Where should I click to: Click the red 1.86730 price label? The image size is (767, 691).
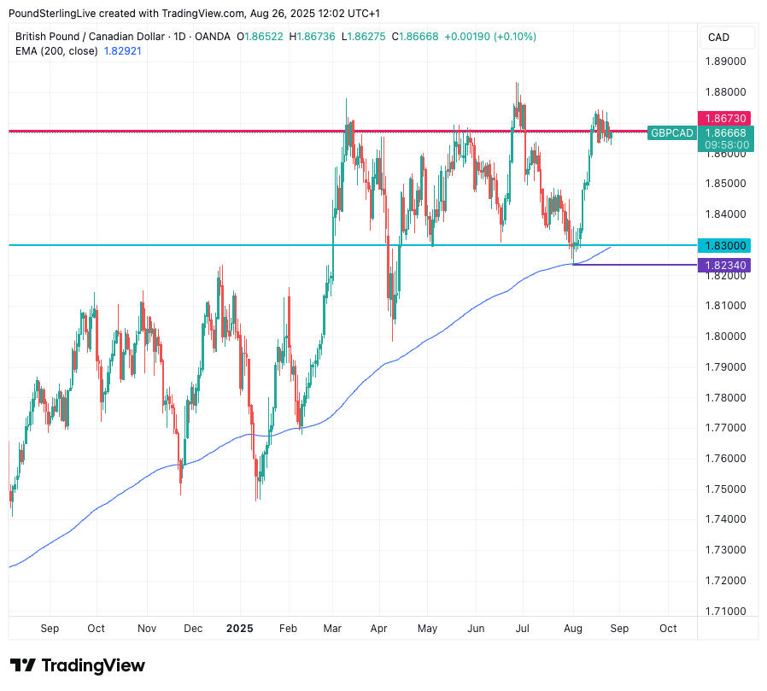(x=724, y=119)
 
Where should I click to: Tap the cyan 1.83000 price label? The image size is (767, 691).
(x=724, y=245)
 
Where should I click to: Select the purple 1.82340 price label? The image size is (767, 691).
(x=724, y=266)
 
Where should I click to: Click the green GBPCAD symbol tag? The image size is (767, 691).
(x=671, y=132)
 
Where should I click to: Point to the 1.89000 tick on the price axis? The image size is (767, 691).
(x=724, y=61)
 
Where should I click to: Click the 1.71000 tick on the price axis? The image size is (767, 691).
(x=724, y=611)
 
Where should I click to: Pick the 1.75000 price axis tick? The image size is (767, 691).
(x=724, y=489)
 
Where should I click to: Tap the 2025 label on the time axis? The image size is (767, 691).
(x=240, y=629)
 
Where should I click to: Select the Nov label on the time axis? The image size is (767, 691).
(x=146, y=629)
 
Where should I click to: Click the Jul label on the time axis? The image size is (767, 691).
(x=523, y=629)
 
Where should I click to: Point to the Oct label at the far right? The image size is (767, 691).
(x=668, y=629)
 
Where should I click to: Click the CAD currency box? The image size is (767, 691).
(x=719, y=38)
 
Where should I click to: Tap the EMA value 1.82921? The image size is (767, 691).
(x=123, y=51)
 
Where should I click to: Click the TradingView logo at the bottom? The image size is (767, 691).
(x=78, y=665)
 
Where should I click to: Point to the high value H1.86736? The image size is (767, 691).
(x=313, y=37)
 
